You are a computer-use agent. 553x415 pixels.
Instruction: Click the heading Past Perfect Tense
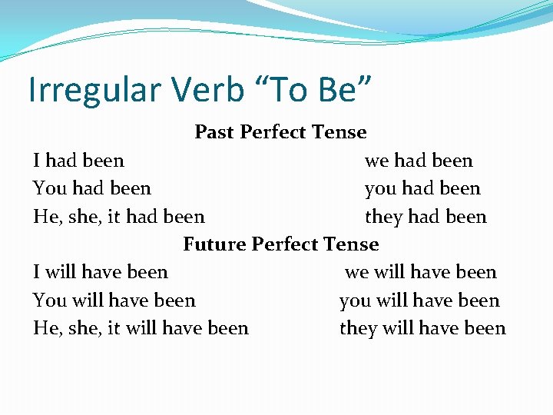280,132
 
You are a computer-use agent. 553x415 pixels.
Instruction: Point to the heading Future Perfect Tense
280,244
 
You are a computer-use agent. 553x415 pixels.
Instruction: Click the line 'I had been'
78,161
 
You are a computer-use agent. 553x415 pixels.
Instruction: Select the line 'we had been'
419,161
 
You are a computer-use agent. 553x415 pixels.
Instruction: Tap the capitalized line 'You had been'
92,188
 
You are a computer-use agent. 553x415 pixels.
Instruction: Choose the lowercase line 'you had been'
422,188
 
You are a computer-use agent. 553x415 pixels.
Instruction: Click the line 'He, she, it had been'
119,217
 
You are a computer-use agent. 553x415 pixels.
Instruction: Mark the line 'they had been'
426,217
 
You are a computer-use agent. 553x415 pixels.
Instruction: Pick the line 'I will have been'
101,272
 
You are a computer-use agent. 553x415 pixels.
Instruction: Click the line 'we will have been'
421,272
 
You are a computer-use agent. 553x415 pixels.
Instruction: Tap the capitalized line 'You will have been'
114,300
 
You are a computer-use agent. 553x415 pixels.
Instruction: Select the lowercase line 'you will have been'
419,300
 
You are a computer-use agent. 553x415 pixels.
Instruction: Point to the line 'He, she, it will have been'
141,328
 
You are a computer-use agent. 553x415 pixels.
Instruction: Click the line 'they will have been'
422,328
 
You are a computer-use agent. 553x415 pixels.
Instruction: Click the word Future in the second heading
214,244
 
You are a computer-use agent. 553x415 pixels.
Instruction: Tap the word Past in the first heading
214,132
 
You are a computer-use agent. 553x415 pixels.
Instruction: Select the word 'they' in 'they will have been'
358,328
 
